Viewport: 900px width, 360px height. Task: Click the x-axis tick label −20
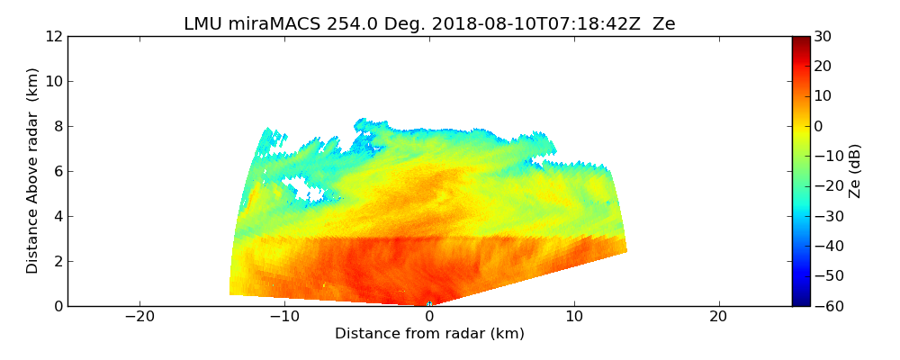139,318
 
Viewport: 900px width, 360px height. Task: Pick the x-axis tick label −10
284,318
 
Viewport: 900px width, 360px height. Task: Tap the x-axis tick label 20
718,318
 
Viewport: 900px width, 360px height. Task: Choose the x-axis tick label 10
573,318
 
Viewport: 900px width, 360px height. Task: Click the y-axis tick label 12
54,37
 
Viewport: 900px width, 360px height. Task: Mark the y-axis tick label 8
58,127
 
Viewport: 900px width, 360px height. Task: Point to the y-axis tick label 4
58,217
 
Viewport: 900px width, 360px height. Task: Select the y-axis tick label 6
58,172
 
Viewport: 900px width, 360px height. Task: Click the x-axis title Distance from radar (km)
429,334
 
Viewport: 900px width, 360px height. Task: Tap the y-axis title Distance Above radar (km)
33,171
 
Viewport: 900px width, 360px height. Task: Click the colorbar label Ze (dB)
855,171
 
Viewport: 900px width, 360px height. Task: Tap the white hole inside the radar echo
304,188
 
